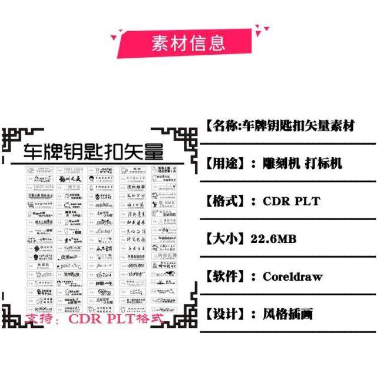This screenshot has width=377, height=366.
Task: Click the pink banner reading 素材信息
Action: click(x=188, y=42)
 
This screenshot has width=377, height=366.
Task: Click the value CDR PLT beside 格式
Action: click(x=291, y=201)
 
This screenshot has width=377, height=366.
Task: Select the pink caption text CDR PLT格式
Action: click(x=116, y=320)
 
